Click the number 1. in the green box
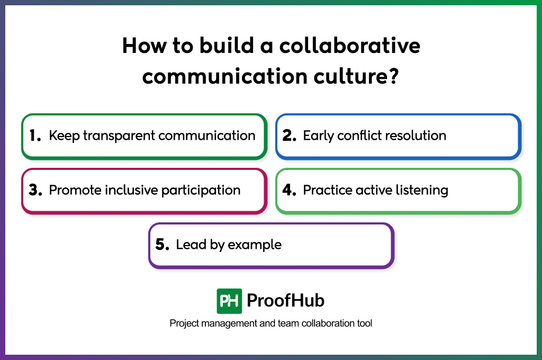(35, 136)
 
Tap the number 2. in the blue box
(289, 136)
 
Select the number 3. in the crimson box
(35, 191)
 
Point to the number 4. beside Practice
(289, 191)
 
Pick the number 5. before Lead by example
(162, 245)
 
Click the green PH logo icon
(229, 301)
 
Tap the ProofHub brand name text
(285, 301)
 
